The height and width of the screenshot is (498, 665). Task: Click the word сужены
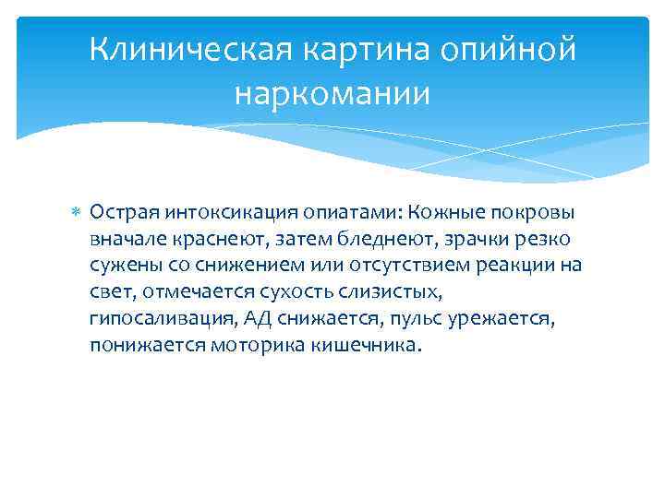click(x=121, y=267)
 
